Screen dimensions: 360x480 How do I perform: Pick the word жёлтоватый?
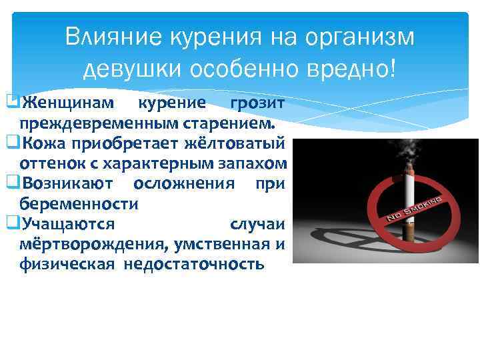point(238,143)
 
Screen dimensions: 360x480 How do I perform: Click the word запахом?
point(255,163)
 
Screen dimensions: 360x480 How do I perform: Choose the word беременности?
point(79,203)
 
